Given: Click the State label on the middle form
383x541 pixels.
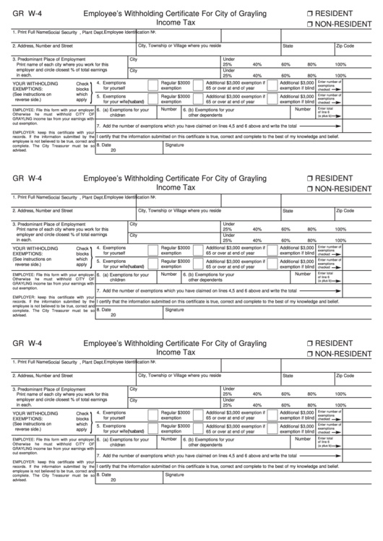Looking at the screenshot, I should click(288, 211).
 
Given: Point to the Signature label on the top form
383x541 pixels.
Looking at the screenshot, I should click(174, 144).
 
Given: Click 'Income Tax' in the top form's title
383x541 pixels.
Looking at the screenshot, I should click(176, 24).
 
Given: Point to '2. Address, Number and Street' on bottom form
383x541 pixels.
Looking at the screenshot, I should click(43, 376).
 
